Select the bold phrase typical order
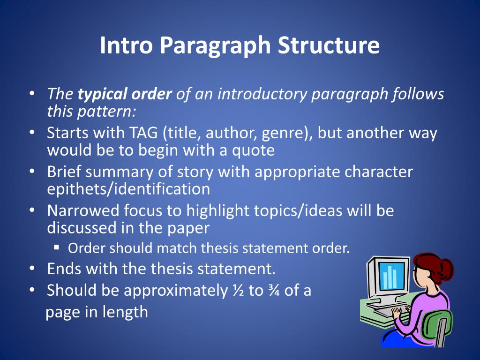pos(124,94)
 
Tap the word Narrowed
pos(83,210)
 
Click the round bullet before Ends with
pos(31,269)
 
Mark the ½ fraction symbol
pos(237,291)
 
